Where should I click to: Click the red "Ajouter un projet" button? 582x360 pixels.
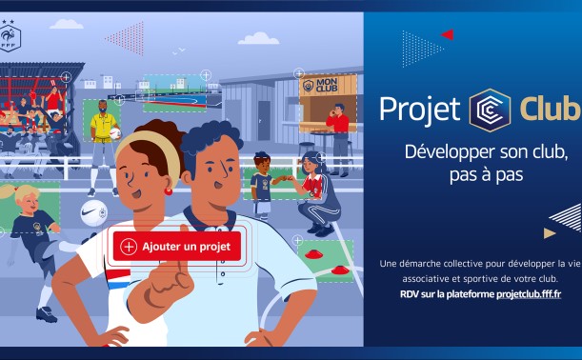point(177,247)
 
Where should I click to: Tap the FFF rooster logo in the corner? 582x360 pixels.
point(10,36)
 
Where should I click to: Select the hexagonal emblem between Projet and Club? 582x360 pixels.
point(490,110)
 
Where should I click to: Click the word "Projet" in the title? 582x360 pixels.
point(419,110)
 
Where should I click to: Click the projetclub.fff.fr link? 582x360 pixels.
point(529,294)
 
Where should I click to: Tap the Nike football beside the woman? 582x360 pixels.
point(94,213)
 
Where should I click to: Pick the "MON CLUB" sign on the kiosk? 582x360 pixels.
point(321,86)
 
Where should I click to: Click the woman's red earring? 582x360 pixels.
point(169,191)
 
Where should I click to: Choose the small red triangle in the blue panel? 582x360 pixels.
point(448,34)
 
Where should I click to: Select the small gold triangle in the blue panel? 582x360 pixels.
point(549,233)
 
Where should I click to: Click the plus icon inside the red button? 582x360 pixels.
point(129,247)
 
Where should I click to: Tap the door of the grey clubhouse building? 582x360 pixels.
point(264,121)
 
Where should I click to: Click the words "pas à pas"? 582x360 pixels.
point(486,175)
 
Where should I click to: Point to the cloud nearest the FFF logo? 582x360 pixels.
point(67,24)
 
